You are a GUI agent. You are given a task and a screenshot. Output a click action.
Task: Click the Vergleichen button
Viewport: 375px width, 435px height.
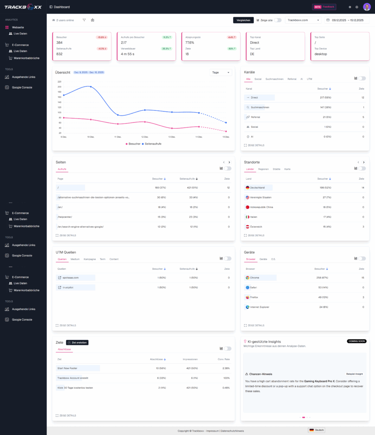[243, 20]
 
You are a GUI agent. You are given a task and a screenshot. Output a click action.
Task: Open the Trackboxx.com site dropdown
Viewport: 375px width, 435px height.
[303, 20]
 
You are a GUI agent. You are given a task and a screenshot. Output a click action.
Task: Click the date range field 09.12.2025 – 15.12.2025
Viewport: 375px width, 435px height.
[347, 20]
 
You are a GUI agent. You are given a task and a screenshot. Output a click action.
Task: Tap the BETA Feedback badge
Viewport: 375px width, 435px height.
[324, 7]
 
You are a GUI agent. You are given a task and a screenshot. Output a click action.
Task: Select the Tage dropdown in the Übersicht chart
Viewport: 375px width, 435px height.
[221, 72]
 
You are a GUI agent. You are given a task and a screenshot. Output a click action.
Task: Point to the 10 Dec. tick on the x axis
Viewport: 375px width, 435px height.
[91, 137]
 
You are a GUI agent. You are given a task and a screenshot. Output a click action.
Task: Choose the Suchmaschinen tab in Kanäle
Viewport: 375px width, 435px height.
[275, 79]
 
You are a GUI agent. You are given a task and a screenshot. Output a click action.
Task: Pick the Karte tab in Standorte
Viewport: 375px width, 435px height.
[287, 169]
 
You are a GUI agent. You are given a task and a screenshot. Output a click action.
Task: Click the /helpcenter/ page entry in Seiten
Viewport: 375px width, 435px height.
[65, 217]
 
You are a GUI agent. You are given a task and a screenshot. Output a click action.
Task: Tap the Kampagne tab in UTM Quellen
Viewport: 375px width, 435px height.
[89, 259]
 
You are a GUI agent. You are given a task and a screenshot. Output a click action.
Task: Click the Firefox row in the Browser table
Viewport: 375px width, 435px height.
[254, 297]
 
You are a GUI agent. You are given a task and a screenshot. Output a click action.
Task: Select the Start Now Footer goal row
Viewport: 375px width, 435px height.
[67, 368]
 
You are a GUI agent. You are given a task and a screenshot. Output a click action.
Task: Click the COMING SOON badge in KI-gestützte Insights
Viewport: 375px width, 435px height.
[356, 341]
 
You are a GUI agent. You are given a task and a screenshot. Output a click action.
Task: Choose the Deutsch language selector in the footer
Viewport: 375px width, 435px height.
[317, 430]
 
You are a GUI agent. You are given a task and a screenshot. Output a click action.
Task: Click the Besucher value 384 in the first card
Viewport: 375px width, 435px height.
[60, 42]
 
